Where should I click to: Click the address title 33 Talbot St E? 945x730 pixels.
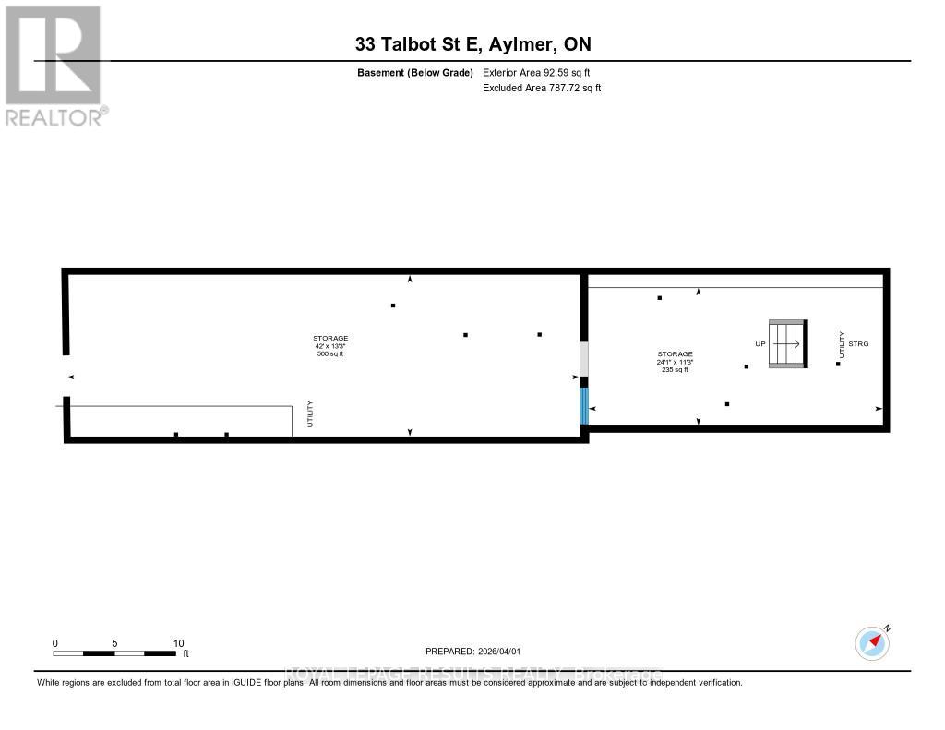click(x=472, y=43)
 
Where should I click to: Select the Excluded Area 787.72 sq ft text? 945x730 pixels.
click(x=542, y=88)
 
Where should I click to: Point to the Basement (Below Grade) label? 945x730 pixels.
click(x=414, y=72)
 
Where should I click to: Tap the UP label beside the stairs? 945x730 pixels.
click(x=760, y=343)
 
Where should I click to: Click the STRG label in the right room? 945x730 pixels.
click(x=858, y=343)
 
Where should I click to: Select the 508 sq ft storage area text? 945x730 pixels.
click(x=329, y=353)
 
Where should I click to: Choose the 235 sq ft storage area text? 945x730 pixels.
click(x=675, y=369)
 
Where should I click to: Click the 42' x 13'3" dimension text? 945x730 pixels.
click(x=329, y=346)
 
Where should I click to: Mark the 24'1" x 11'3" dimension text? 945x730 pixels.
click(x=675, y=362)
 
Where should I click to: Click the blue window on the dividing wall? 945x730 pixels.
click(x=583, y=405)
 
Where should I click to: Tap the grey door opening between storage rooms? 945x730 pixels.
click(x=583, y=357)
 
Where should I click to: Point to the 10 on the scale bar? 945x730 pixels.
click(x=178, y=643)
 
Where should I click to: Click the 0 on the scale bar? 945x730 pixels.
click(x=55, y=643)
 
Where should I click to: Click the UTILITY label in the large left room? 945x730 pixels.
click(x=311, y=413)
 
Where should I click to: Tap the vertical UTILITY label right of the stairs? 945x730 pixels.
click(x=842, y=343)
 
